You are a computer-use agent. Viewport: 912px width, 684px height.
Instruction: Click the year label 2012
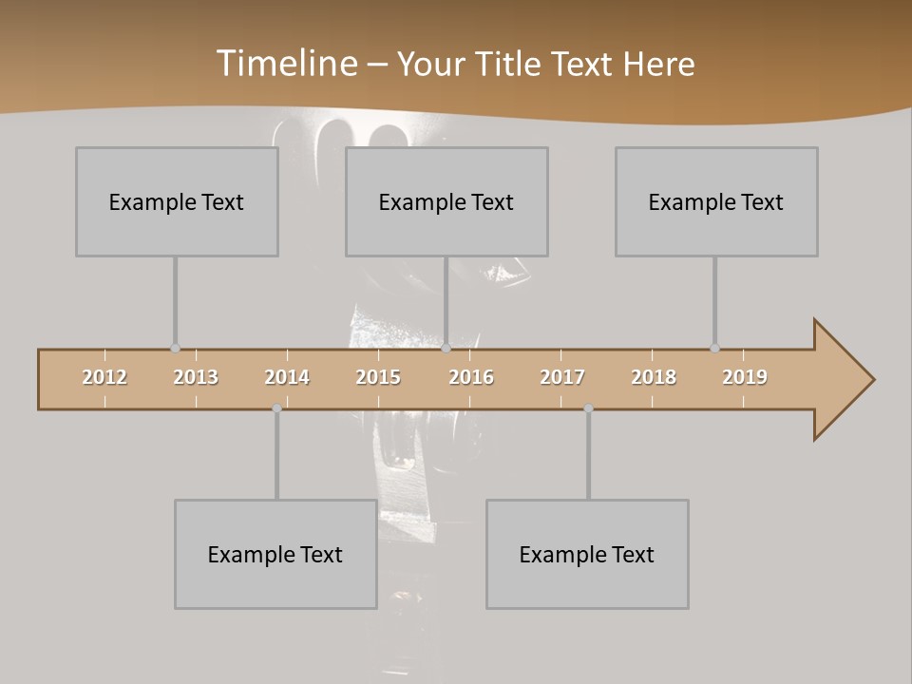coord(104,377)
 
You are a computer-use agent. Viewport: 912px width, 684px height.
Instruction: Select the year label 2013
coord(196,377)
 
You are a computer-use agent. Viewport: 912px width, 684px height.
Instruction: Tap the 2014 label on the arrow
coord(287,377)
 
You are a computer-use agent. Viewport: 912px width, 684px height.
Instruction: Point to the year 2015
coord(378,377)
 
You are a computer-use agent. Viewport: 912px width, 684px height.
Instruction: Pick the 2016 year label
coord(471,377)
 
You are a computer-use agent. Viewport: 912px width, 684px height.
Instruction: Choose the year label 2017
coord(562,377)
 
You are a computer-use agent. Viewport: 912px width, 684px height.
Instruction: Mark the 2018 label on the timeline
coord(654,377)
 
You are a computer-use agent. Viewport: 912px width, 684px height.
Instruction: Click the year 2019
coord(745,377)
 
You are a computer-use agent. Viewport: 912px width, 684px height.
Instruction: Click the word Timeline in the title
coord(285,64)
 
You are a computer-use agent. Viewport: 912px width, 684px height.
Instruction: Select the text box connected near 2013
coord(177,201)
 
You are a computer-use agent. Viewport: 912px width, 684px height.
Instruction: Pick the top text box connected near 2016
coord(446,201)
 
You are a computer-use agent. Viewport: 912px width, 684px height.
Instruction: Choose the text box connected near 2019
coord(716,201)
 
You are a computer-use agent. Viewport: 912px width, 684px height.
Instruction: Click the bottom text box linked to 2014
coord(275,554)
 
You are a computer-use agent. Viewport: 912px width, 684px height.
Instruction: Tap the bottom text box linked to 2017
coord(587,554)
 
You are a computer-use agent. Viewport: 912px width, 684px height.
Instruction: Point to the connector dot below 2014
coord(276,408)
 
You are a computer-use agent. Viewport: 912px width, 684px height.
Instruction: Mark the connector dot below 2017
coord(588,408)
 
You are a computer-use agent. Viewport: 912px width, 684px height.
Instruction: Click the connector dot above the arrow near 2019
coord(714,349)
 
